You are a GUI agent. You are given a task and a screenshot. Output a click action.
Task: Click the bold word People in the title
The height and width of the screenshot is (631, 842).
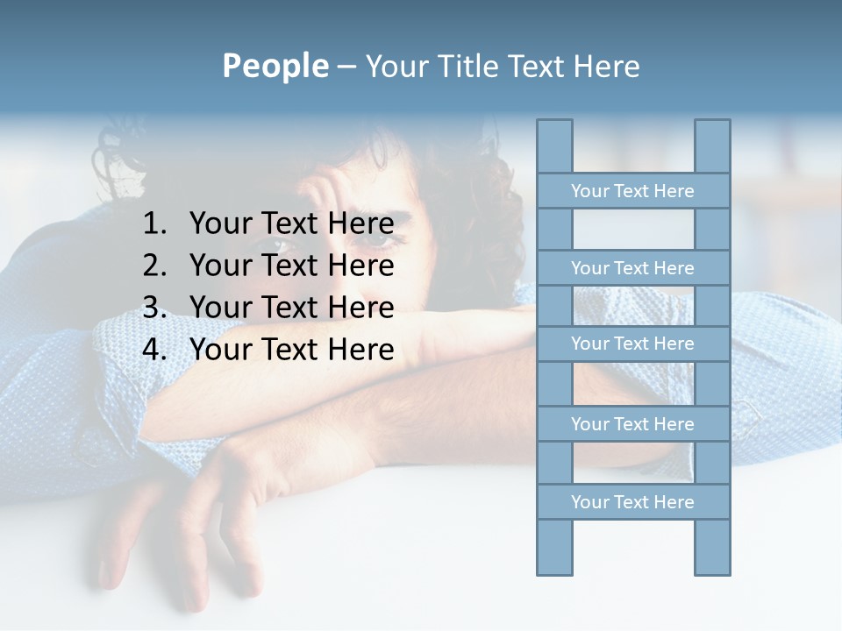[275, 66]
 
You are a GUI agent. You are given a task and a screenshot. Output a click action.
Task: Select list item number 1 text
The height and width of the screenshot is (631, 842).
[291, 224]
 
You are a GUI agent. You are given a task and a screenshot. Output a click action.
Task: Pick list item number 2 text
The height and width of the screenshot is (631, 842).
[291, 266]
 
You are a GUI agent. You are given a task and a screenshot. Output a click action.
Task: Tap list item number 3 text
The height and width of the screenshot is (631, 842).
[291, 308]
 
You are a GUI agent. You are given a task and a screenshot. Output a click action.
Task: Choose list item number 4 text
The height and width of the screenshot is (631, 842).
[291, 350]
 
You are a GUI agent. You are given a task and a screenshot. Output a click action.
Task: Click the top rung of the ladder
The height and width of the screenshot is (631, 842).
[632, 191]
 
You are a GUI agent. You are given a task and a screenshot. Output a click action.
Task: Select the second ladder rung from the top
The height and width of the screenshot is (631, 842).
[632, 268]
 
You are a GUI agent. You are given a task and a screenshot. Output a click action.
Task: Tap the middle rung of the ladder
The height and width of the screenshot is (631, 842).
[632, 344]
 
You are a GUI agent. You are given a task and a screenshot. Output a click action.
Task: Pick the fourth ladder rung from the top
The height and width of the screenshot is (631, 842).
[632, 424]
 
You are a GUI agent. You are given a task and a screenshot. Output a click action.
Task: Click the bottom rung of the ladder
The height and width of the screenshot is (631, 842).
[632, 502]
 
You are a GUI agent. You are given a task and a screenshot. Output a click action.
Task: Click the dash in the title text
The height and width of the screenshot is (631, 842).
[346, 67]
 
